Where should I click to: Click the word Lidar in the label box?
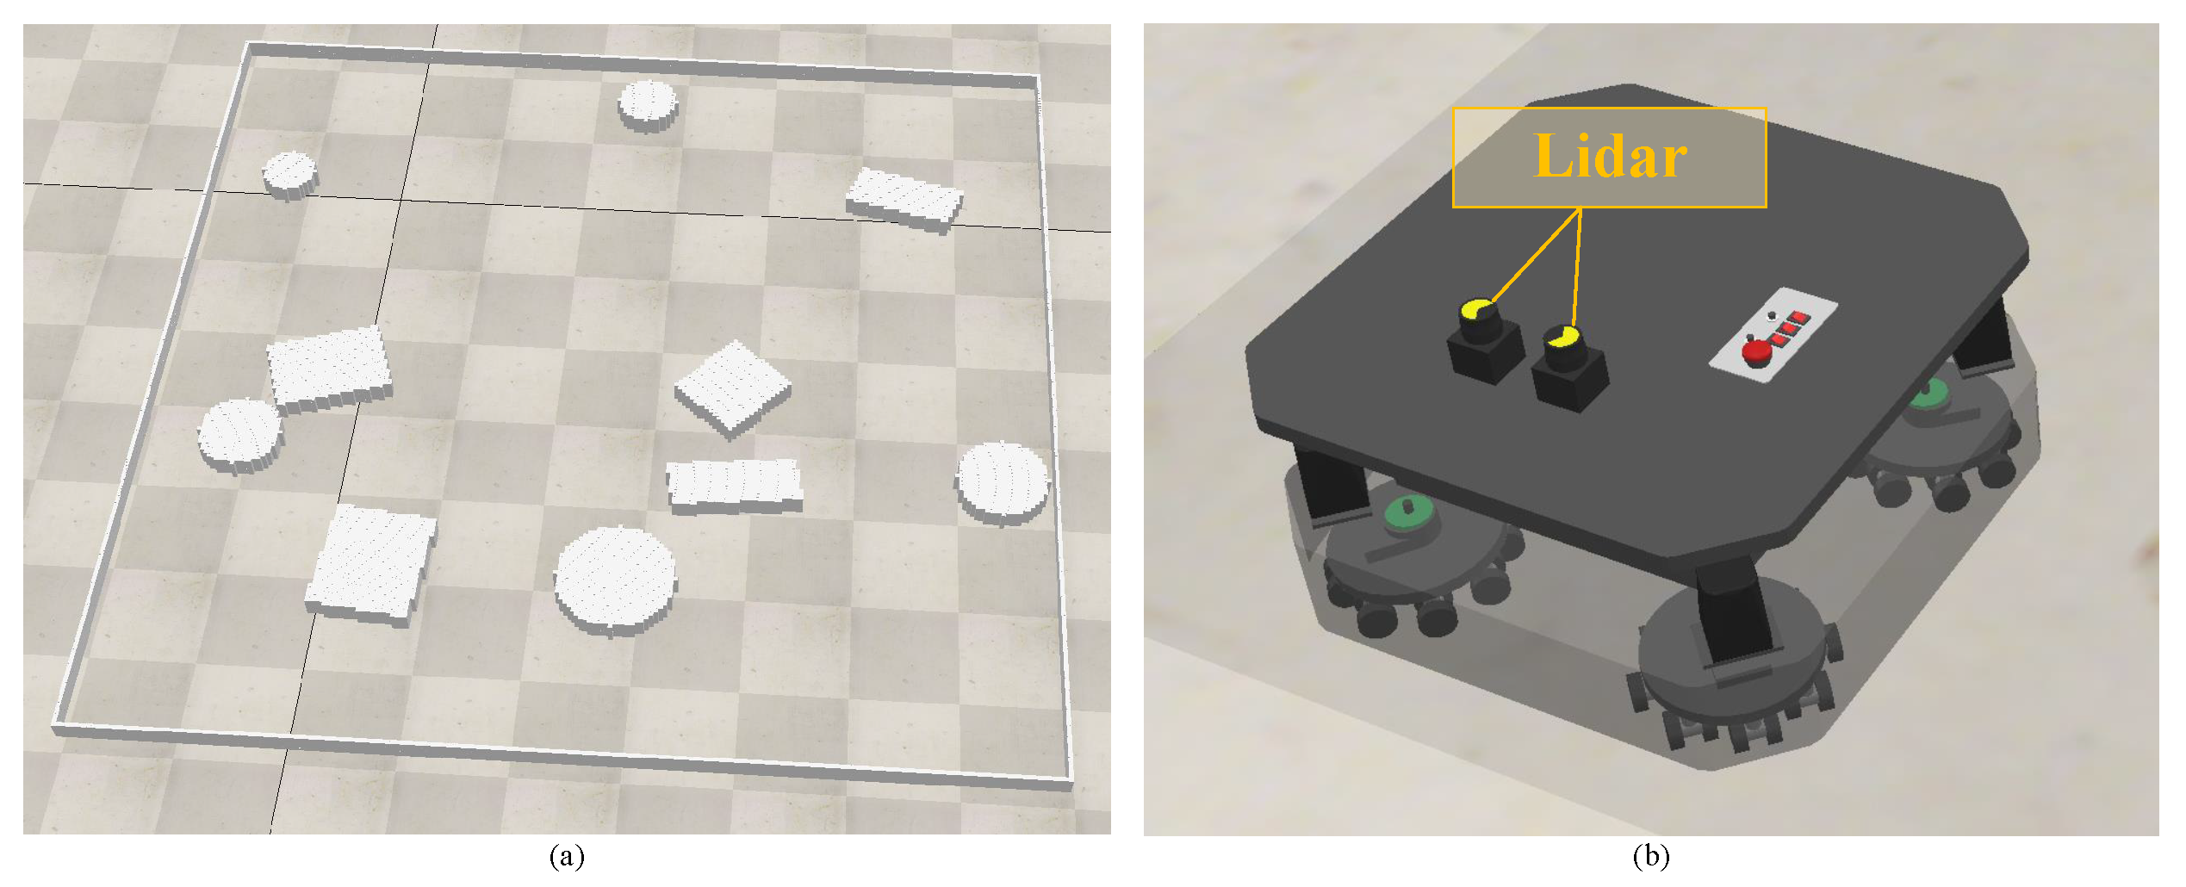pos(1609,158)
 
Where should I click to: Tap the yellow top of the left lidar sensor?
pos(1476,309)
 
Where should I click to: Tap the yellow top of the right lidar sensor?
pos(1561,336)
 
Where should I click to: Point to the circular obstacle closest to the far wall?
pos(648,103)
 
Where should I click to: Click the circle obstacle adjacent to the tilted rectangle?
pos(240,435)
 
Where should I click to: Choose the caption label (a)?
pos(566,857)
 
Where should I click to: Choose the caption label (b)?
pos(1650,857)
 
